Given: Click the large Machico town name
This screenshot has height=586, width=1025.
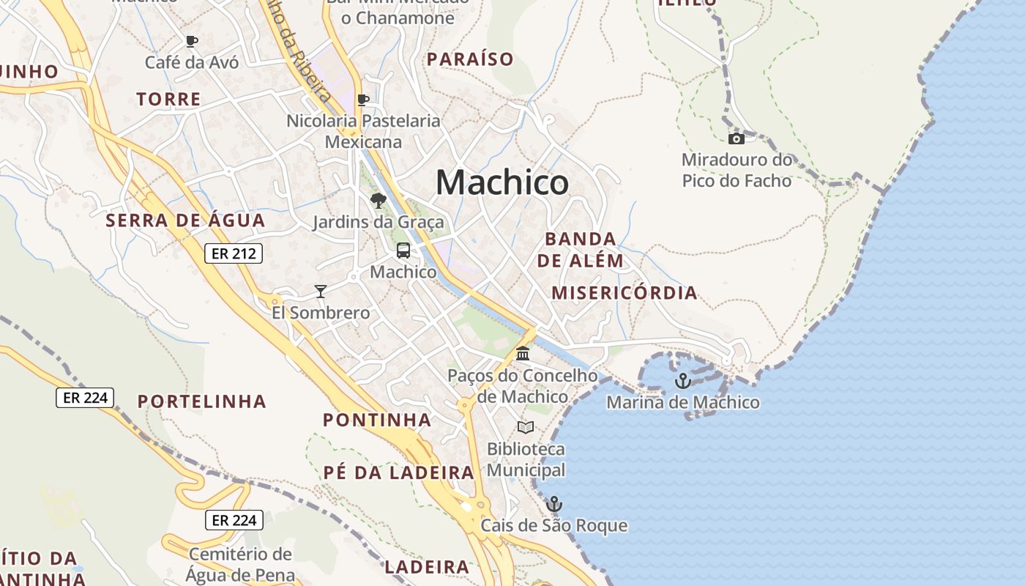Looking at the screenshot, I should pos(502,182).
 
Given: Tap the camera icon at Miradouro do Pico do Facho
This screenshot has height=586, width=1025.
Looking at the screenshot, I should pos(736,138).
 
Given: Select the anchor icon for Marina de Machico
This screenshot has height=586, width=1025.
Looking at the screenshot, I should pos(682,381).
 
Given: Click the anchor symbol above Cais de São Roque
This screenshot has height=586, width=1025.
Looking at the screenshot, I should pos(554,504).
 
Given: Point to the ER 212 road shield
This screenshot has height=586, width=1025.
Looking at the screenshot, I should pos(233,253).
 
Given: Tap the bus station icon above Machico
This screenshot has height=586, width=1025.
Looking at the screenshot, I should pos(403,251).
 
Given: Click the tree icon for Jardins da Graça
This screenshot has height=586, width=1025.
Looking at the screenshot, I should pos(378,201).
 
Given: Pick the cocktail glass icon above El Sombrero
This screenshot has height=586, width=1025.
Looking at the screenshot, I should pos(320,292).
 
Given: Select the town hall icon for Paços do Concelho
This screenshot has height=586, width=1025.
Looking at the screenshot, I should pos(523,355).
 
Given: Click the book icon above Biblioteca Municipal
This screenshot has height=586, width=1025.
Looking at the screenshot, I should pos(526,427).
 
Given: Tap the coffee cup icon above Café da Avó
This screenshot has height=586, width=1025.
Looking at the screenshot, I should pos(192,41).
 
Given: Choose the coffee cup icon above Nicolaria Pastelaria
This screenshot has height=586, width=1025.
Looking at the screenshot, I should pos(362,100).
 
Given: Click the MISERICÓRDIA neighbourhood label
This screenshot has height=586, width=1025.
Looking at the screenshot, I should pos(624,293).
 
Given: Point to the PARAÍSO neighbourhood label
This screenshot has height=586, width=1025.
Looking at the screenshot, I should pos(470,59).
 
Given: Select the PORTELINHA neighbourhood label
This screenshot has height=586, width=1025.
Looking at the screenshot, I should pos(202,401).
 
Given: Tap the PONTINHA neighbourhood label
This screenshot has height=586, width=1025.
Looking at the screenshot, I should pos(377,420).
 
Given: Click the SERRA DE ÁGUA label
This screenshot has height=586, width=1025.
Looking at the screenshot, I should pos(185,220).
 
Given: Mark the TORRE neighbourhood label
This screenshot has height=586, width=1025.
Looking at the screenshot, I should pos(168,100).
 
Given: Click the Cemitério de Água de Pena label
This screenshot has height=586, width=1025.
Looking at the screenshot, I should pos(241,565).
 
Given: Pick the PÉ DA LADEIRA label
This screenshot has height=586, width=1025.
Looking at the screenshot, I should pos(399,472).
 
